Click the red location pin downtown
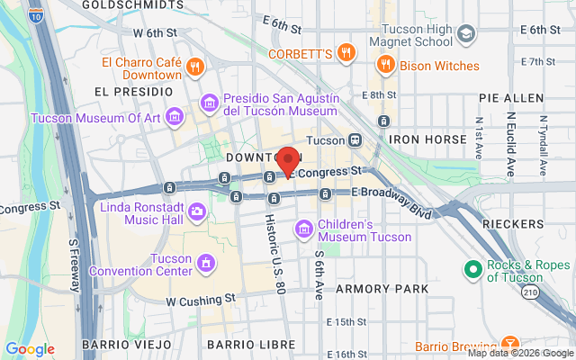[288, 160]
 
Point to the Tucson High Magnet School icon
[466, 34]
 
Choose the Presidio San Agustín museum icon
[210, 102]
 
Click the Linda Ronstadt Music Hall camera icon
[196, 212]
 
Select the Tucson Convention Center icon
[206, 263]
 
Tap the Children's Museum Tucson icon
[304, 229]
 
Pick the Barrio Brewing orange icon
[509, 344]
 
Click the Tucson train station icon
[356, 140]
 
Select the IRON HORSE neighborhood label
[427, 140]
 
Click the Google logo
[30, 349]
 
